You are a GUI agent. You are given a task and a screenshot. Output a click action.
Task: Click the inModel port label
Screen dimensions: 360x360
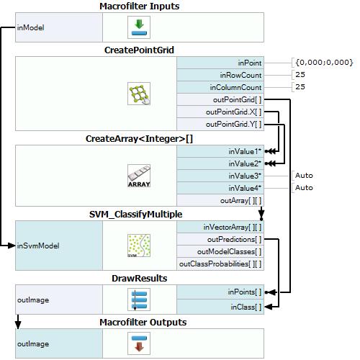click(x=30, y=27)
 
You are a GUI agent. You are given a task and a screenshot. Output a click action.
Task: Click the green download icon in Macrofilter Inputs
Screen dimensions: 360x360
click(x=139, y=27)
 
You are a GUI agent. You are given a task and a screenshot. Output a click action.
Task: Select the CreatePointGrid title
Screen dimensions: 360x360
click(x=139, y=50)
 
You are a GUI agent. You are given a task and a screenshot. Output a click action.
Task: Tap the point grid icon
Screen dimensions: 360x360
click(x=139, y=94)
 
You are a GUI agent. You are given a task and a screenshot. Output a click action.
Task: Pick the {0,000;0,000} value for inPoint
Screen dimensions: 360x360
click(x=324, y=63)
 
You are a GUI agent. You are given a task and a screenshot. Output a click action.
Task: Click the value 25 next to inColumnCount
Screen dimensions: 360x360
click(x=300, y=86)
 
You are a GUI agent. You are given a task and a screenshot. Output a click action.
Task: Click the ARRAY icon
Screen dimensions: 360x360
click(x=139, y=176)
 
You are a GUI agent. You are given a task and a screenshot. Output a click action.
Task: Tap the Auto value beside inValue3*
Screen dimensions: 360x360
click(x=304, y=176)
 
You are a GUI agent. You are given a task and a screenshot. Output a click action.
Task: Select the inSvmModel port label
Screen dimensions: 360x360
click(x=38, y=246)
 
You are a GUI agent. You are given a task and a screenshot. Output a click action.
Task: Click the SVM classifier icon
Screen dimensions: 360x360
click(x=139, y=246)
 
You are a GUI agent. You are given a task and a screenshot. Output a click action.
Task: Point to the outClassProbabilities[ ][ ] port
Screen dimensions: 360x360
click(x=220, y=264)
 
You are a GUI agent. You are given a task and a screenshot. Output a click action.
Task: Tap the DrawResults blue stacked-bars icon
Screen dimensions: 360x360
click(x=139, y=300)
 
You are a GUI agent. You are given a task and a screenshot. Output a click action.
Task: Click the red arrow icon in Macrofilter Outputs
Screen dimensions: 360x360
click(x=139, y=343)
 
